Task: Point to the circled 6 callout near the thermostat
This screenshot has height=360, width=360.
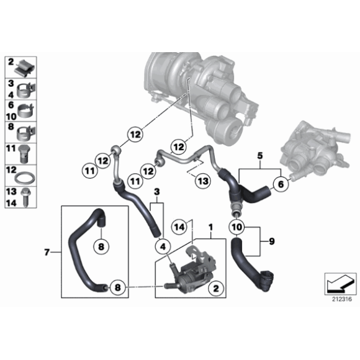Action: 281,184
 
